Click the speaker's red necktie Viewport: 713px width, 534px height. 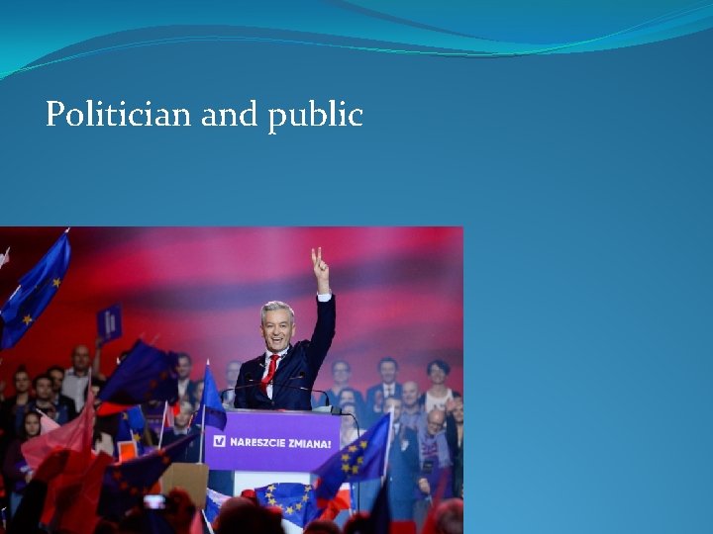tap(270, 370)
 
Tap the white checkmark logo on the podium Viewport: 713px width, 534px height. tap(219, 441)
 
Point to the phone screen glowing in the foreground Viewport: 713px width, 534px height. tap(153, 501)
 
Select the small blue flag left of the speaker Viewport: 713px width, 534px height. tap(211, 397)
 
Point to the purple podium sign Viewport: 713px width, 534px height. tap(272, 441)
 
